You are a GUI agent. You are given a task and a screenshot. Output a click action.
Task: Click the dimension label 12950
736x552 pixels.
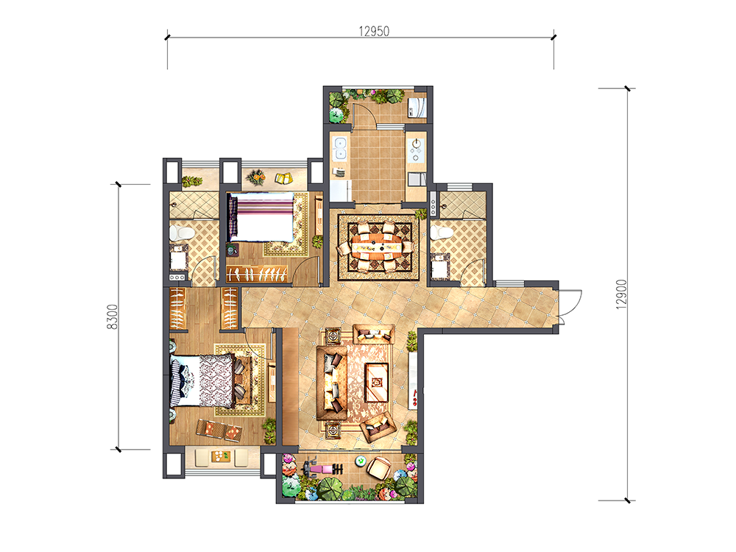click(x=374, y=31)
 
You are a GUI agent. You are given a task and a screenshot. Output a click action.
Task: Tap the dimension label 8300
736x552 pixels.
click(x=113, y=316)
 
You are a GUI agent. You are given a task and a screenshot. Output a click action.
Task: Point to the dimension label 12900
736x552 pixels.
click(x=621, y=294)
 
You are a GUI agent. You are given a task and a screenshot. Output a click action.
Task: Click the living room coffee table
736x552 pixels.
click(x=377, y=383)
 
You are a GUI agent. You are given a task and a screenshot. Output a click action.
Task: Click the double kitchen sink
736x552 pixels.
click(x=339, y=148)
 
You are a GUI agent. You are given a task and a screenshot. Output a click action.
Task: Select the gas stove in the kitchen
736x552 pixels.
click(x=415, y=149)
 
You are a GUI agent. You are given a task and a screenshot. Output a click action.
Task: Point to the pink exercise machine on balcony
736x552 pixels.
click(x=323, y=468)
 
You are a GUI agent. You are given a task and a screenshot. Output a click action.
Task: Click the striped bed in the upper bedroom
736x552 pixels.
click(x=262, y=217)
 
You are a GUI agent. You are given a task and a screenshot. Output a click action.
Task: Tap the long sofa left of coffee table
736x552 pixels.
click(x=332, y=383)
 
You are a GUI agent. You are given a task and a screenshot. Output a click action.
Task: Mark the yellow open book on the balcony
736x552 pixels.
click(x=283, y=178)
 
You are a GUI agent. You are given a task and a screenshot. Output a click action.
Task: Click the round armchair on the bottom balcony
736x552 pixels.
click(x=378, y=467)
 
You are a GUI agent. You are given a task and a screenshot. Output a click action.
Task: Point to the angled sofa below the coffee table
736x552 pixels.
click(x=378, y=425)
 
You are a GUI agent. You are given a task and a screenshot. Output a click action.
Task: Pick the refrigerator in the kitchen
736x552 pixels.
click(x=340, y=190)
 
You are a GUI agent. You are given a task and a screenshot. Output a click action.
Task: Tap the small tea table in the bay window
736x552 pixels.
click(x=221, y=456)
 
